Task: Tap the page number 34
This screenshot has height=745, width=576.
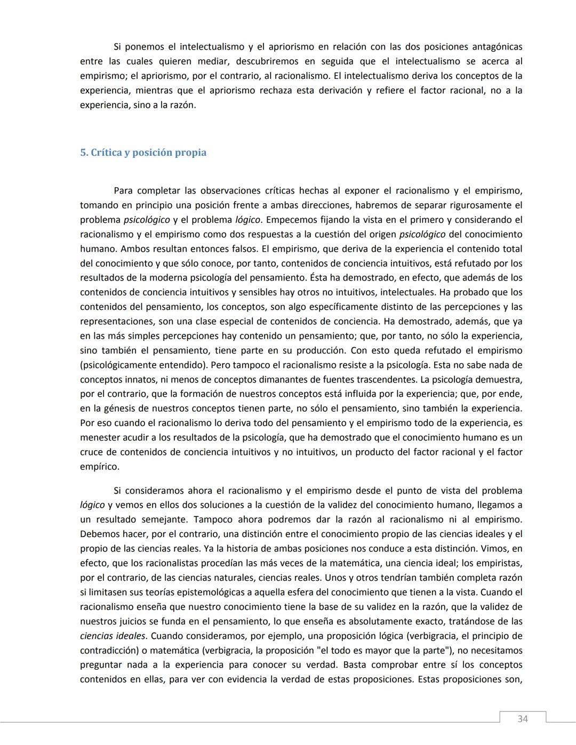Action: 523,719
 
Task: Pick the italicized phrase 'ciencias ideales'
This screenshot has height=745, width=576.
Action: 113,636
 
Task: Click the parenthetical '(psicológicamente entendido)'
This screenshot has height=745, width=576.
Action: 143,365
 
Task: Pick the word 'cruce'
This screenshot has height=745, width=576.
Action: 93,452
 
